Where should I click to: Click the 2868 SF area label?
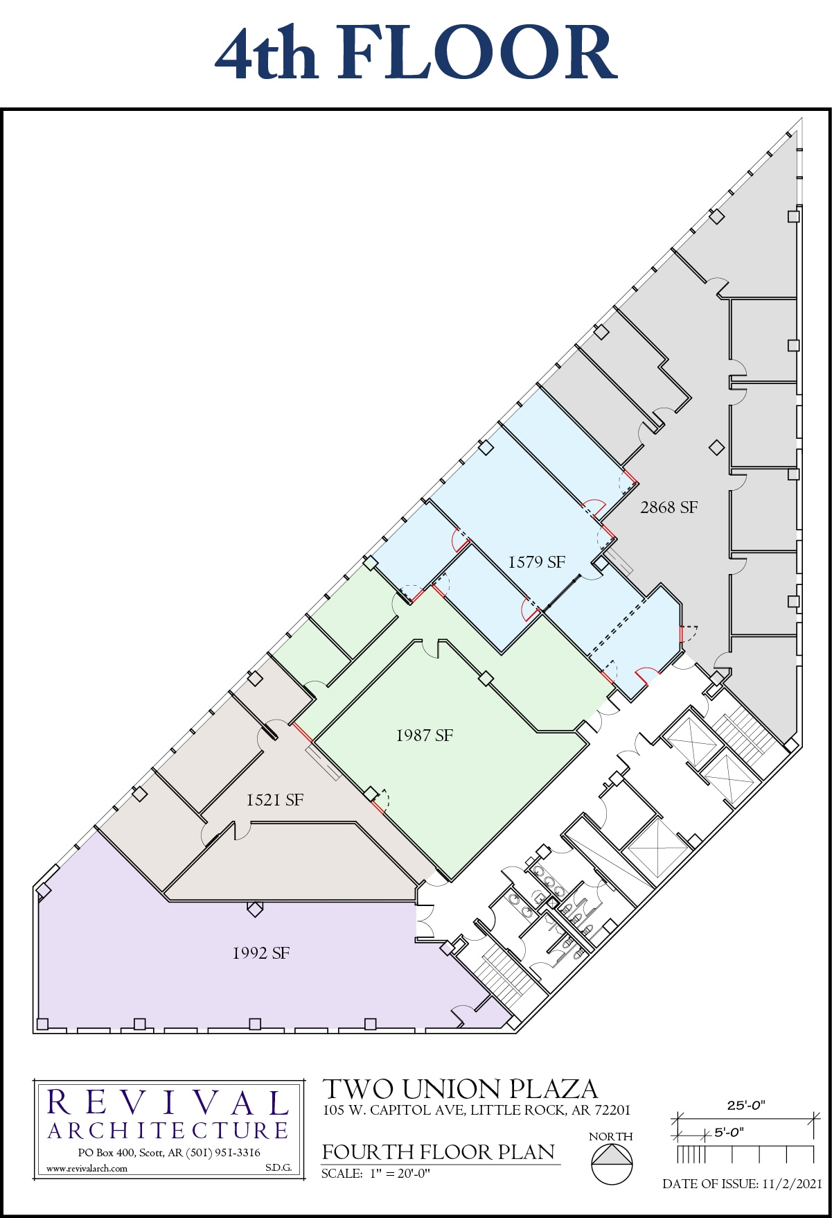pos(669,507)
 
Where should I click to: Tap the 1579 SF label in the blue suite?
pos(537,562)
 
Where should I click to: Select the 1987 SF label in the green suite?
pos(425,736)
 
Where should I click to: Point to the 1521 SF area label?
pos(275,800)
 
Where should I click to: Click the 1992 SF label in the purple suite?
pos(261,953)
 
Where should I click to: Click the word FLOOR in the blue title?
pos(477,53)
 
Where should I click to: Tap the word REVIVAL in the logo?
pos(168,1103)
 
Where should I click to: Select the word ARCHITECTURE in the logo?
pos(168,1131)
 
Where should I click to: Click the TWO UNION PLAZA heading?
pos(460,1089)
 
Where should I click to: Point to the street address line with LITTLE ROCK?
pos(477,1110)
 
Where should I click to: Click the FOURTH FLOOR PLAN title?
pos(439,1151)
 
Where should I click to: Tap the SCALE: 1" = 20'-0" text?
pos(375,1174)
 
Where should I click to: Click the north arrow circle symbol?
pos(612,1164)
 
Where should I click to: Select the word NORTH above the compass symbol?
pos(611,1136)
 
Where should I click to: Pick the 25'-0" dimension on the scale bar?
pos(746,1105)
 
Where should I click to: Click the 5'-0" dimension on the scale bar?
pos(729,1132)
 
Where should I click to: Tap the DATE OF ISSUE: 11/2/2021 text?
pos(742,1183)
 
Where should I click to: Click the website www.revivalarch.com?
pos(87,1168)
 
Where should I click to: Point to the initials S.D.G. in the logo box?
pos(278,1167)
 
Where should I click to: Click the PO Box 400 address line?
pos(169,1152)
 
